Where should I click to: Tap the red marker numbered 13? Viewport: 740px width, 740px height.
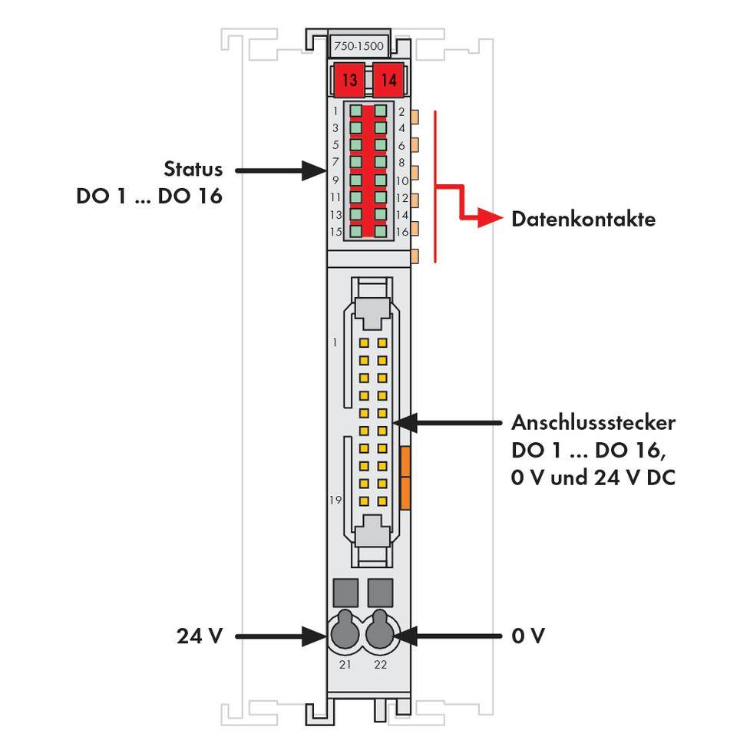(x=349, y=79)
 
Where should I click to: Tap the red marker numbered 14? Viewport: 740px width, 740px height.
(x=389, y=79)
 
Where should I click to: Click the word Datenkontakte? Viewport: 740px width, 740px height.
(x=583, y=220)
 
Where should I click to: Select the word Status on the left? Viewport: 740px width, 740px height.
(x=193, y=170)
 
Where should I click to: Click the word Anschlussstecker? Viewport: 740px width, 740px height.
(x=593, y=423)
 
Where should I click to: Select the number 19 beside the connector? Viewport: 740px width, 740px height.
(x=335, y=500)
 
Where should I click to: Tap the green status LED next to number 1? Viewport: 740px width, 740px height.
(x=356, y=111)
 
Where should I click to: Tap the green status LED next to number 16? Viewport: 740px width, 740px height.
(x=381, y=230)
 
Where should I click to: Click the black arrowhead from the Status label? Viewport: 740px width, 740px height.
(x=314, y=170)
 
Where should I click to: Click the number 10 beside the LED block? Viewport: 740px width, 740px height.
(x=401, y=181)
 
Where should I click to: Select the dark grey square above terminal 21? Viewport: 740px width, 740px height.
(x=345, y=593)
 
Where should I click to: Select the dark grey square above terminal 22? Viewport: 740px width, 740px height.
(x=381, y=593)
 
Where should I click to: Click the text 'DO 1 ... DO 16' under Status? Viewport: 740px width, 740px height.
(x=149, y=196)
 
